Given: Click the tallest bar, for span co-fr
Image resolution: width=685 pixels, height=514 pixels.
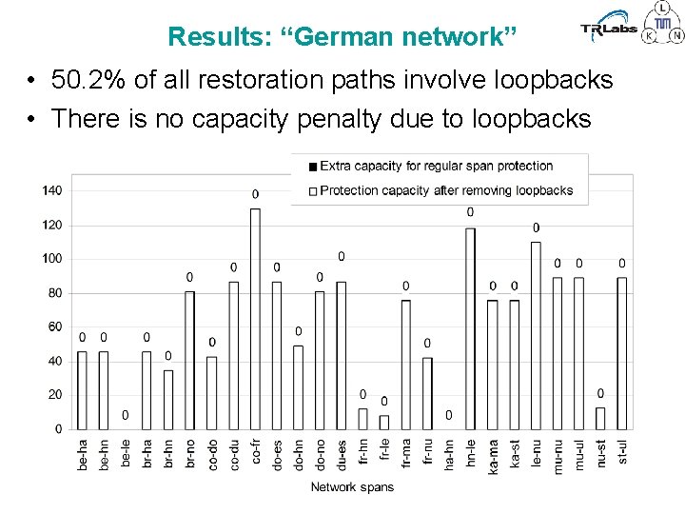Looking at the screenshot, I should pos(255,318).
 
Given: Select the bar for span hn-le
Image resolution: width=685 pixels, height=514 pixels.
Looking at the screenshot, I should pos(470,327).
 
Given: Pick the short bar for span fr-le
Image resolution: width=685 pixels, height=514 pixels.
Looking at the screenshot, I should pos(384,422).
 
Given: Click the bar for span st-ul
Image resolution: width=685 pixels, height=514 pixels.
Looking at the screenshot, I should pos(622,352).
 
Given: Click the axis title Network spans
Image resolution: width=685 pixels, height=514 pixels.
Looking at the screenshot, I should pos(352,487).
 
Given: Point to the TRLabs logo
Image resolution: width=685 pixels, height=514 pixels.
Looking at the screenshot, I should pos(609,29).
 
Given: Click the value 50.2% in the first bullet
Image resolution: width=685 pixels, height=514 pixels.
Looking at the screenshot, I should pos(88,80).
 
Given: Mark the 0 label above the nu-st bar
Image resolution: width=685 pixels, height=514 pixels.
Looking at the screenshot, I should pos(600,393).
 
